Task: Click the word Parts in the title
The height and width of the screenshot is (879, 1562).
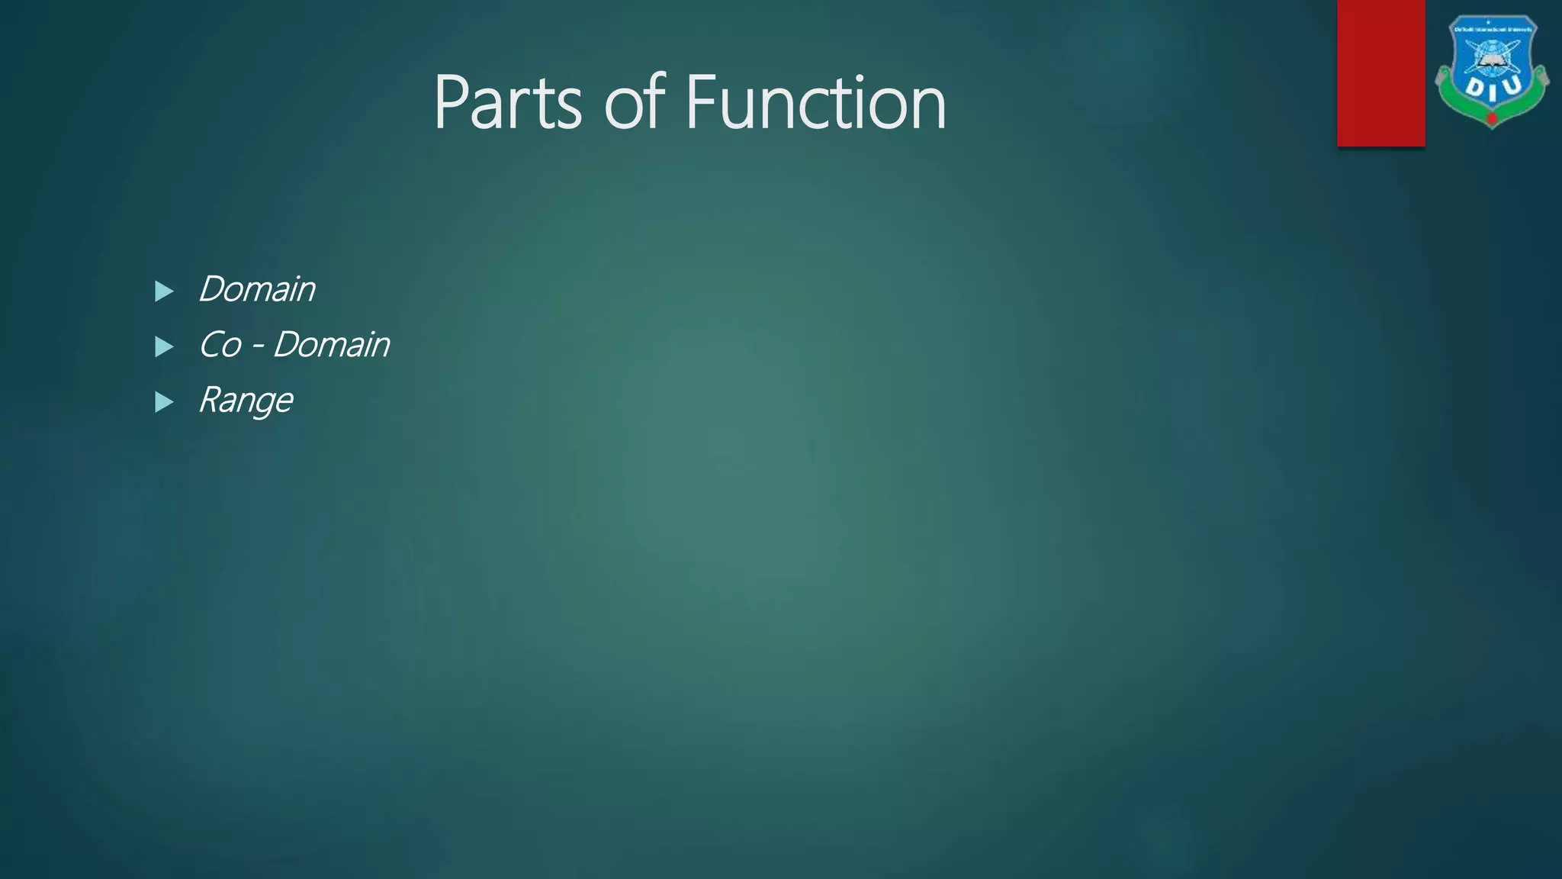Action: click(507, 102)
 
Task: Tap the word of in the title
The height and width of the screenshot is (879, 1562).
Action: click(635, 102)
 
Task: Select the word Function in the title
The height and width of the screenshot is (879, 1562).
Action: click(815, 102)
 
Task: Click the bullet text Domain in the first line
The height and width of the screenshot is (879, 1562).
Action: click(256, 289)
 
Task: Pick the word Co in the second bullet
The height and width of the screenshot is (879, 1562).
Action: click(220, 345)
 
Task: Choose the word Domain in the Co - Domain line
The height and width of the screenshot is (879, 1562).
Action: click(331, 345)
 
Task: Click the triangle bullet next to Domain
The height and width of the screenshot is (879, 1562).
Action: click(164, 291)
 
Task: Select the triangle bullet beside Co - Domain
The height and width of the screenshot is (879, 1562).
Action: click(164, 346)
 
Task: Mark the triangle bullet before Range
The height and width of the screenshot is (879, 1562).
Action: click(164, 402)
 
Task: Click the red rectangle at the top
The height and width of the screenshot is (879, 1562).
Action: click(1380, 72)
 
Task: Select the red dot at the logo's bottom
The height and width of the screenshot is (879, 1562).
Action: click(1492, 118)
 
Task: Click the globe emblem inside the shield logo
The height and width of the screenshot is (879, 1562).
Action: click(1491, 56)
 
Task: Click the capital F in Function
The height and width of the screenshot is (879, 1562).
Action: click(699, 102)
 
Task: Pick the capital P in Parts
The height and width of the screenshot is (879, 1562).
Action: click(451, 102)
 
